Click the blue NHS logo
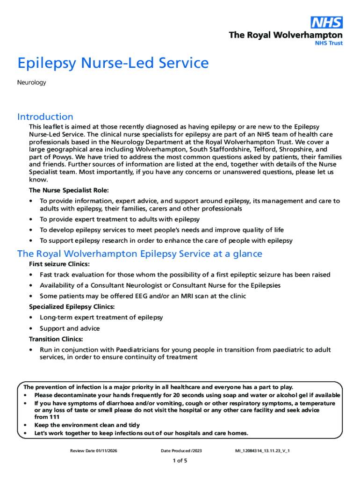pos(327,22)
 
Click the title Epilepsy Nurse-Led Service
pos(113,63)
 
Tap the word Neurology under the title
pos(31,83)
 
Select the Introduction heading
pos(45,116)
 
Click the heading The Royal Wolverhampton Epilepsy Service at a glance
pos(140,254)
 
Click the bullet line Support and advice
pos(70,328)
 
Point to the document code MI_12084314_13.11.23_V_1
pos(266,450)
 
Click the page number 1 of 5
pos(180,461)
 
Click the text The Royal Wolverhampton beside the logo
pos(285,35)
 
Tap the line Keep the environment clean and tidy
pos(87,425)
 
